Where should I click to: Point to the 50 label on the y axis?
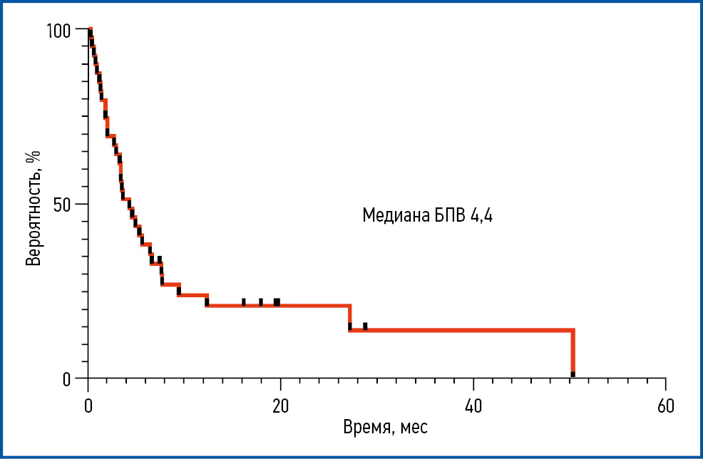tap(63, 204)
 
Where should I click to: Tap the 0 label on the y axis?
tap(67, 378)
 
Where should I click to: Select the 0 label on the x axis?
tap(88, 406)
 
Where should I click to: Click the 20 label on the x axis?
tap(280, 406)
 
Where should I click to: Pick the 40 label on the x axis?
tap(473, 406)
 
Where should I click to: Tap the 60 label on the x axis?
tap(665, 406)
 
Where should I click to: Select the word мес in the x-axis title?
tap(414, 429)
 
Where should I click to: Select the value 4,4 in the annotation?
tap(481, 216)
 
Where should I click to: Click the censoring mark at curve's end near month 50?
tap(573, 374)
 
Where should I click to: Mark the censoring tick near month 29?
tap(365, 326)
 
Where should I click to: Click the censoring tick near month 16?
tap(244, 302)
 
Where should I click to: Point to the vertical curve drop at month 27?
tap(349, 318)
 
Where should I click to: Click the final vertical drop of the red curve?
tap(573, 353)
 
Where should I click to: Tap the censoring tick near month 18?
tap(261, 302)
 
